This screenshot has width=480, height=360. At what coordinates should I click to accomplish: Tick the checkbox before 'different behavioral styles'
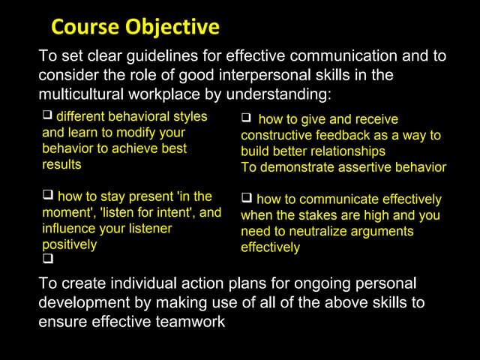pos(47,116)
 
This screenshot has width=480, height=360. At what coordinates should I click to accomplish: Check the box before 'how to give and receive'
pos(246,118)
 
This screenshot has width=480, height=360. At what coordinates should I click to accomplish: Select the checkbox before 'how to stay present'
pos(47,196)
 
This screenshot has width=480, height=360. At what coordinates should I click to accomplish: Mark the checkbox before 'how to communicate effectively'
pos(246,199)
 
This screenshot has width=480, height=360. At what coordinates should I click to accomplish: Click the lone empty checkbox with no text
pos(47,260)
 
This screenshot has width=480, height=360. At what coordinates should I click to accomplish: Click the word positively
pos(69,244)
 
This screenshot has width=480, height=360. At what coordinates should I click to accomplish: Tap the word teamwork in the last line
pos(194,321)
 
